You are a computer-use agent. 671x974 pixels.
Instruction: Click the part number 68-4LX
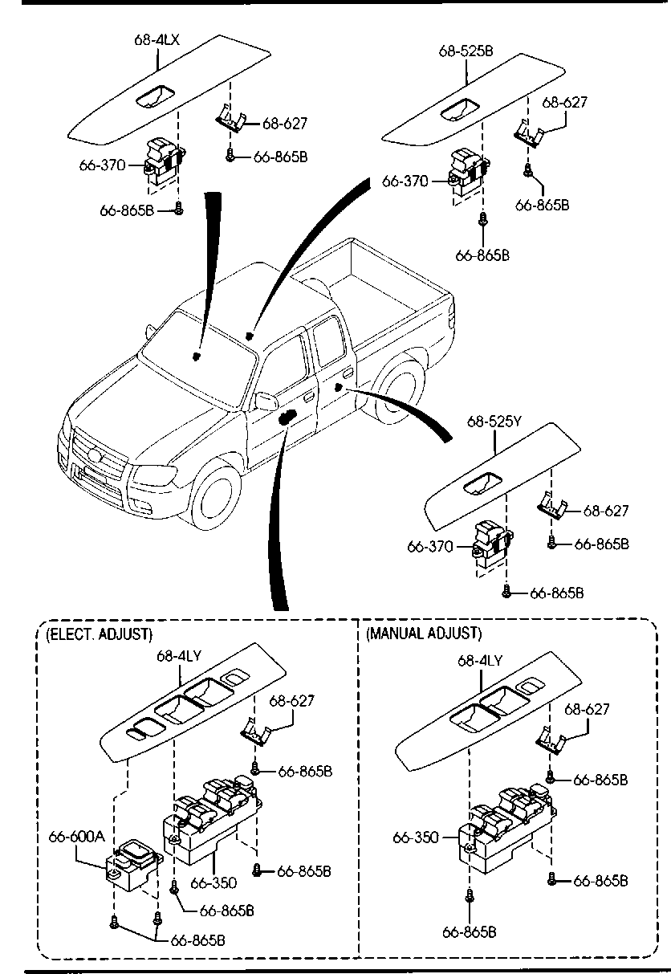152,39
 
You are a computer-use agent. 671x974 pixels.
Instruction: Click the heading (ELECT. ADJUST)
99,634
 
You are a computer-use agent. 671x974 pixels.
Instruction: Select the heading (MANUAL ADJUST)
424,634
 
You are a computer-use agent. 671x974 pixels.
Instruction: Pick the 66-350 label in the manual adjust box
415,837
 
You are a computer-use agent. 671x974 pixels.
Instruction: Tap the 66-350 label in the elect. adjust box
213,882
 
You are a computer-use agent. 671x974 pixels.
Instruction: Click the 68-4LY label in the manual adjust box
480,660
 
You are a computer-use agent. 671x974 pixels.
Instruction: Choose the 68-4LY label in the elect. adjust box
178,656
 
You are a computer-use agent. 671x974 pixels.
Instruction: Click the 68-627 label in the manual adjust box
588,709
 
